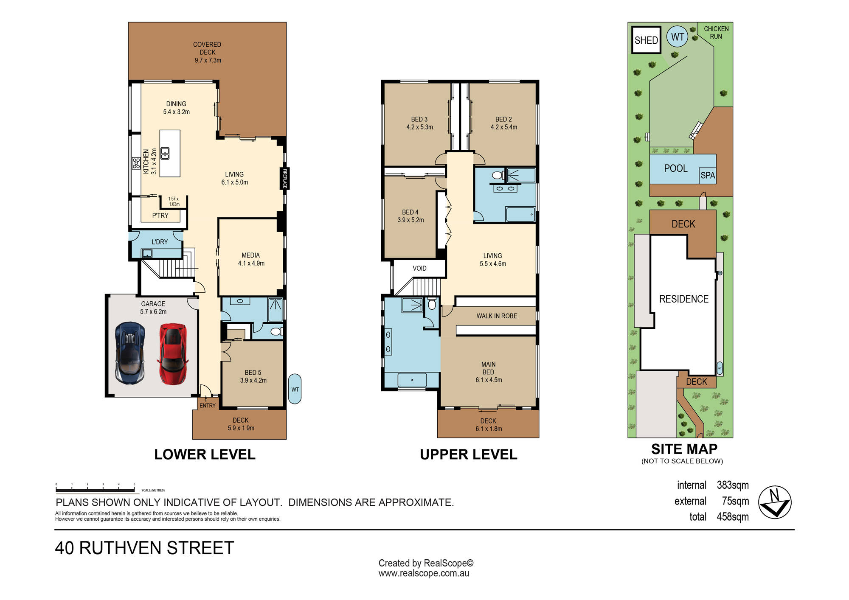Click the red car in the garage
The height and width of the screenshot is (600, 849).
[173, 354]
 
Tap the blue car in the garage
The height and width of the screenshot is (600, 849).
[130, 353]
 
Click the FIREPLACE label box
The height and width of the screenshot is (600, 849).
[285, 178]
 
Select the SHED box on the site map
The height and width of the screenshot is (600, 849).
[646, 40]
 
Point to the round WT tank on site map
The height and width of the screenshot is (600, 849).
[678, 37]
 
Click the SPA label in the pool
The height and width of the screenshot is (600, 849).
[708, 175]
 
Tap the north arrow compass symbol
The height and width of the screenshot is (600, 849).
[775, 502]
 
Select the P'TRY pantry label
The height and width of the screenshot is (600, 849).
[160, 216]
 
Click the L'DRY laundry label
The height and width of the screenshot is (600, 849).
[160, 242]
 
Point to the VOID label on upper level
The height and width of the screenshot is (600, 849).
[419, 268]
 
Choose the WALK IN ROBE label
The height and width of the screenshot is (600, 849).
[497, 316]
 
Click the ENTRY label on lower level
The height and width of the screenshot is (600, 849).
[208, 406]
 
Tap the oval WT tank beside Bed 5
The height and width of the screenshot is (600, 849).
[295, 389]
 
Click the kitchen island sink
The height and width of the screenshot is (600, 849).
[165, 153]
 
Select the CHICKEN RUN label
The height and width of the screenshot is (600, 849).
[716, 33]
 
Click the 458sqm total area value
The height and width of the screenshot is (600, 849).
[733, 517]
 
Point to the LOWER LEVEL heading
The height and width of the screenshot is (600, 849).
[205, 454]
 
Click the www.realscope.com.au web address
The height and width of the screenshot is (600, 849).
[424, 573]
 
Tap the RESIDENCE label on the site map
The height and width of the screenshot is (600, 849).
[684, 299]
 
